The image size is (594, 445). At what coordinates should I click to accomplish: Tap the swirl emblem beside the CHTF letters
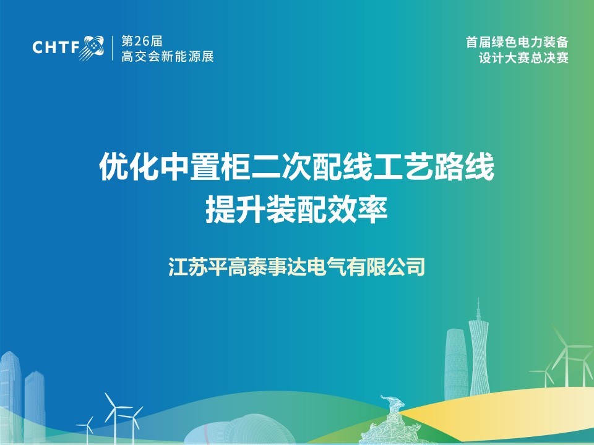click(x=92, y=48)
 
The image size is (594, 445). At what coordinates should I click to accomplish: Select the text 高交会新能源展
click(x=168, y=56)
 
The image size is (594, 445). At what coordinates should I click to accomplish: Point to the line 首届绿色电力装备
click(x=517, y=42)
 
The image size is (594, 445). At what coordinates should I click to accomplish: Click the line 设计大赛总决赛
click(x=523, y=58)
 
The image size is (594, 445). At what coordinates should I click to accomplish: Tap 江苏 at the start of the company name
click(x=187, y=266)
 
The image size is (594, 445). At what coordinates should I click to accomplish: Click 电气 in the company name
click(x=325, y=266)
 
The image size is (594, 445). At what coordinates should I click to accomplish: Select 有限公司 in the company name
click(x=385, y=266)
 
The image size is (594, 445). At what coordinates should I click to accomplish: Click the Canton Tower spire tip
click(x=478, y=298)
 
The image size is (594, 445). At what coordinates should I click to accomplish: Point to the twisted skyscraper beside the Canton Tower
click(x=456, y=363)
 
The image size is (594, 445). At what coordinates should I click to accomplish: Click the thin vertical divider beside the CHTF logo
click(x=113, y=48)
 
